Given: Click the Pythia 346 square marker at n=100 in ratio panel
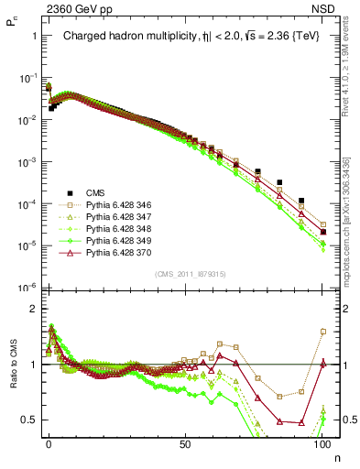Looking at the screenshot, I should pyautogui.click(x=322, y=332).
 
